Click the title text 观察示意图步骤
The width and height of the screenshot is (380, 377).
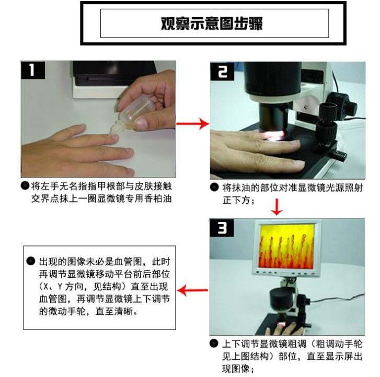pyautogui.click(x=212, y=23)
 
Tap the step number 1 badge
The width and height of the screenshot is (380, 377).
pyautogui.click(x=33, y=70)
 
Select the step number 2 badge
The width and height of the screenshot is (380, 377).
pyautogui.click(x=222, y=72)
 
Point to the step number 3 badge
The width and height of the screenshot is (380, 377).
pyautogui.click(x=222, y=228)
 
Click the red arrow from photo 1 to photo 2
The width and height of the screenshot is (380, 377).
pyautogui.click(x=193, y=124)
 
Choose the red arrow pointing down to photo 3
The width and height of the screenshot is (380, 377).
pyautogui.click(x=277, y=207)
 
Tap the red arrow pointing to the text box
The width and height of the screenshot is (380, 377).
pyautogui.click(x=192, y=290)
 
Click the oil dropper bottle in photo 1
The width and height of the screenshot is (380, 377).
pyautogui.click(x=130, y=113)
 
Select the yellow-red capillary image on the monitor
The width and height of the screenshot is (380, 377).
pyautogui.click(x=286, y=246)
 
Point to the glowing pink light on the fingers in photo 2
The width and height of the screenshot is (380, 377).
pyautogui.click(x=274, y=135)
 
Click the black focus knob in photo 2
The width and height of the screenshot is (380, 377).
pyautogui.click(x=327, y=117)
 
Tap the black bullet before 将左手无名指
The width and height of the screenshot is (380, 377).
pyautogui.click(x=25, y=186)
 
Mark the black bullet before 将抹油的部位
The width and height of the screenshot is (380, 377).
pyautogui.click(x=214, y=187)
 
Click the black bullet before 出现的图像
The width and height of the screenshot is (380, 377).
pyautogui.click(x=31, y=261)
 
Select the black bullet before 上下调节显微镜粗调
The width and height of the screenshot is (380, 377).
pyautogui.click(x=214, y=344)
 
